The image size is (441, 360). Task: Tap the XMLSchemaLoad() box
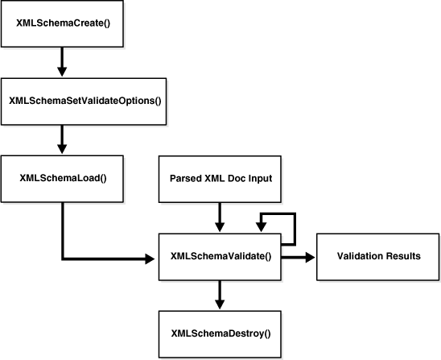(x=63, y=178)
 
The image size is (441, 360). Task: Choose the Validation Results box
(x=378, y=256)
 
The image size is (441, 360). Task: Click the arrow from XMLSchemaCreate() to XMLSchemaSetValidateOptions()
(x=63, y=61)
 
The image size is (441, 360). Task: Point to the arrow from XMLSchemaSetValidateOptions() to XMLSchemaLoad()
(x=63, y=139)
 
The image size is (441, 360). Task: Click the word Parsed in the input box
(x=187, y=178)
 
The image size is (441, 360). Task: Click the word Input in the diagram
(x=261, y=178)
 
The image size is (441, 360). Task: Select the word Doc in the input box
(x=237, y=178)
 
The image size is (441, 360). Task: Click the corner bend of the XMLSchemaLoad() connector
(x=63, y=259)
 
